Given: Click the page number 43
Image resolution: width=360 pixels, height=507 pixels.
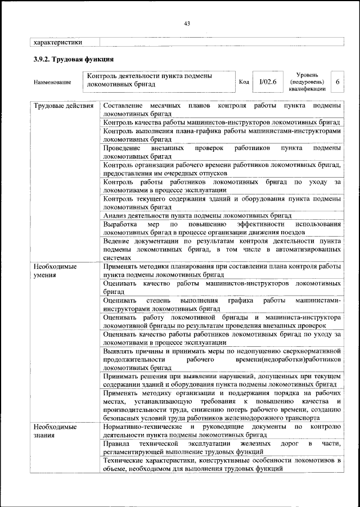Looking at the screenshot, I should [x=187, y=22].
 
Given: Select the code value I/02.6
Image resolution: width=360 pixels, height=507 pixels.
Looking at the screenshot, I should [x=268, y=82].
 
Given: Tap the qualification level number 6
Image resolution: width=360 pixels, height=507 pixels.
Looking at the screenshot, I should [x=337, y=82].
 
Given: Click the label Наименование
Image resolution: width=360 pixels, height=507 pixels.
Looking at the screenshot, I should [x=52, y=83].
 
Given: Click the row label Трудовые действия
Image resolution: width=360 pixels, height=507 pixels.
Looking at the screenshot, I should [x=63, y=106].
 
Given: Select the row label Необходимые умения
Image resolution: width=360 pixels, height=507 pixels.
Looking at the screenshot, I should [x=55, y=270].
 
